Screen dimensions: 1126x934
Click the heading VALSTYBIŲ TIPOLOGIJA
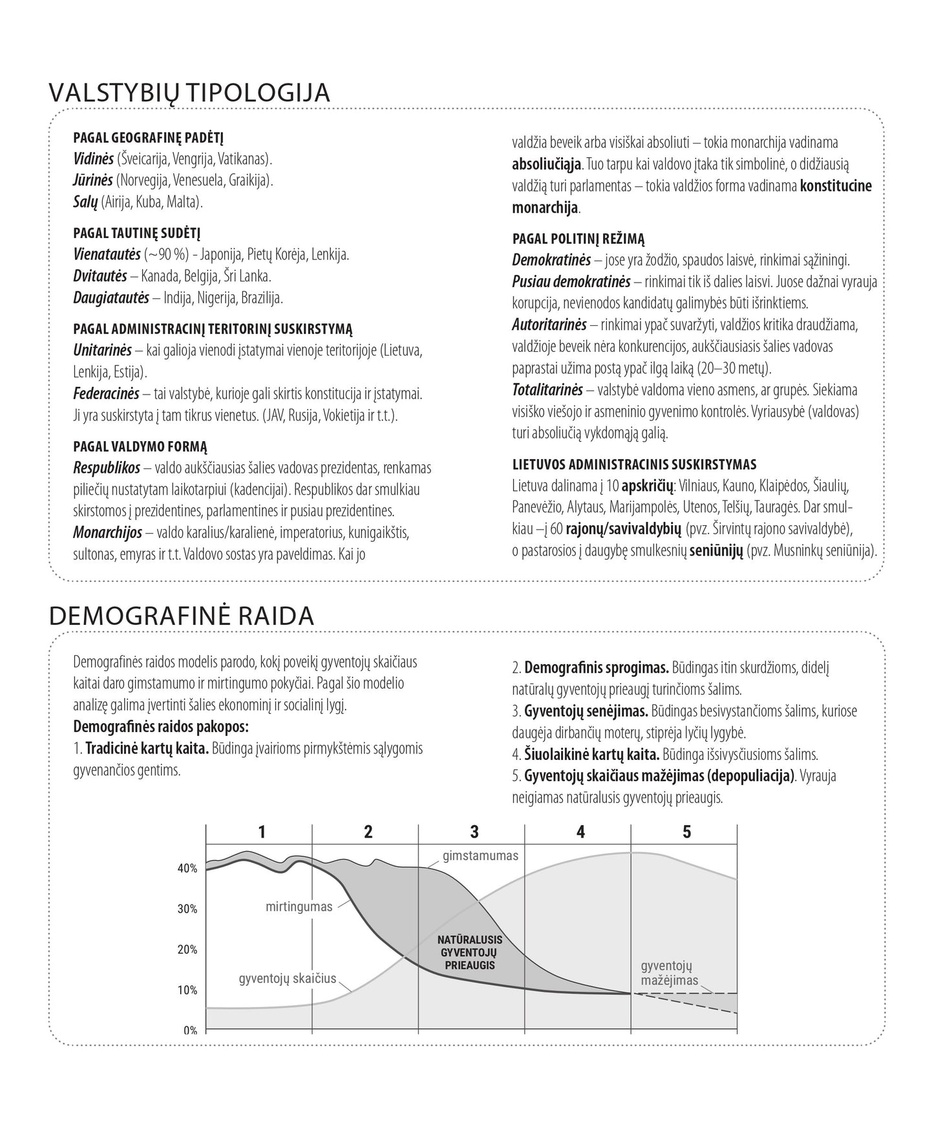click(189, 92)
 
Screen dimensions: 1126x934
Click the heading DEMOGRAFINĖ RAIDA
click(182, 616)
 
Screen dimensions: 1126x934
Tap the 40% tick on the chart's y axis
click(187, 869)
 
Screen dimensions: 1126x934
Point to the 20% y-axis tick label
click(187, 949)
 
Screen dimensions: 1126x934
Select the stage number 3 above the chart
click(474, 832)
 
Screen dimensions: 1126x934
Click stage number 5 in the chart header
click(686, 832)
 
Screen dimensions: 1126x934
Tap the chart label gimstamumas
click(480, 856)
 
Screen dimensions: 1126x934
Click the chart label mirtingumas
click(299, 906)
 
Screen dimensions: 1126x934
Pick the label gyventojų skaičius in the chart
click(288, 978)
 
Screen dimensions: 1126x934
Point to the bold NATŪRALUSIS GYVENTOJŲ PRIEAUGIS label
click(470, 952)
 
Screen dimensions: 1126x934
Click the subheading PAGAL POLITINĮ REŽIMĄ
click(578, 239)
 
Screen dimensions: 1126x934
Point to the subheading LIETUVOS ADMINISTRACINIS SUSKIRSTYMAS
click(634, 464)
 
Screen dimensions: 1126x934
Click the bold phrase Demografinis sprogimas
click(597, 667)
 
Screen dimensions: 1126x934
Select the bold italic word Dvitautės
click(100, 276)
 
